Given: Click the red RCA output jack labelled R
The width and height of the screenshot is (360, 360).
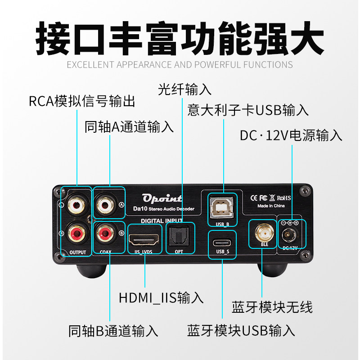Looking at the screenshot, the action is click(76, 233).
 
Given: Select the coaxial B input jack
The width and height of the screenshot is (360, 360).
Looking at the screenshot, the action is click(107, 233).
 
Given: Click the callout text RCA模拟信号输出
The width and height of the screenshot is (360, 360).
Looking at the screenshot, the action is click(82, 101).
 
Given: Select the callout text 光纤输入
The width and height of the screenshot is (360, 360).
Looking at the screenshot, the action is click(185, 89).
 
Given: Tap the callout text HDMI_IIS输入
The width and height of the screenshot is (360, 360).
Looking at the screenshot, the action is click(161, 297).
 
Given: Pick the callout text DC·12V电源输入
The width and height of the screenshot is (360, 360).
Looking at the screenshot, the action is click(291, 135).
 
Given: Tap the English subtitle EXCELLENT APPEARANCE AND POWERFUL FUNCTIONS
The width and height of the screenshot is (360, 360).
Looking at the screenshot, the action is click(180, 64).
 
